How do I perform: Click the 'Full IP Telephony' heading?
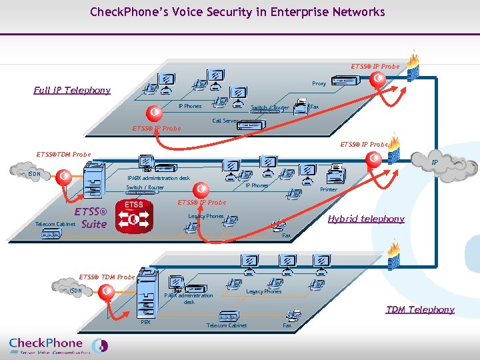click(72, 91)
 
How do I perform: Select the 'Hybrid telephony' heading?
click(365, 219)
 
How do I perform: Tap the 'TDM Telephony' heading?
click(420, 309)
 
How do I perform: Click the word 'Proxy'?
click(319, 84)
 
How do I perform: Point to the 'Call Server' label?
click(225, 121)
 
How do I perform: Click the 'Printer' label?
click(328, 190)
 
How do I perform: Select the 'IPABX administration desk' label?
click(159, 178)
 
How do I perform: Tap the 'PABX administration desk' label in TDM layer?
click(189, 299)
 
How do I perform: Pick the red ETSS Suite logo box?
click(134, 214)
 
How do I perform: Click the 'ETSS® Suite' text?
click(92, 218)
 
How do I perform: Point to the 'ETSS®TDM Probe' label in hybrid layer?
click(63, 155)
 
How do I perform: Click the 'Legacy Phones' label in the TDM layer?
click(263, 291)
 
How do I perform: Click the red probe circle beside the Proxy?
click(377, 79)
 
